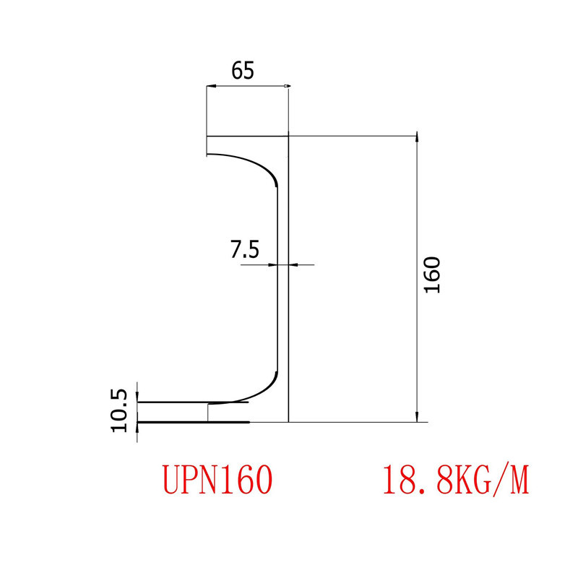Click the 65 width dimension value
(243, 70)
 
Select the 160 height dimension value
(432, 275)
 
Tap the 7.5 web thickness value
(244, 250)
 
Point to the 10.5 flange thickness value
(120, 410)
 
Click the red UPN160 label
(217, 479)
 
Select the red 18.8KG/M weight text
(456, 479)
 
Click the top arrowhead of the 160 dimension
(416, 138)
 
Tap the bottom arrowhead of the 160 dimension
(416, 417)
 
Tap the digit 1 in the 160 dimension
(432, 288)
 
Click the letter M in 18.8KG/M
(519, 479)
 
